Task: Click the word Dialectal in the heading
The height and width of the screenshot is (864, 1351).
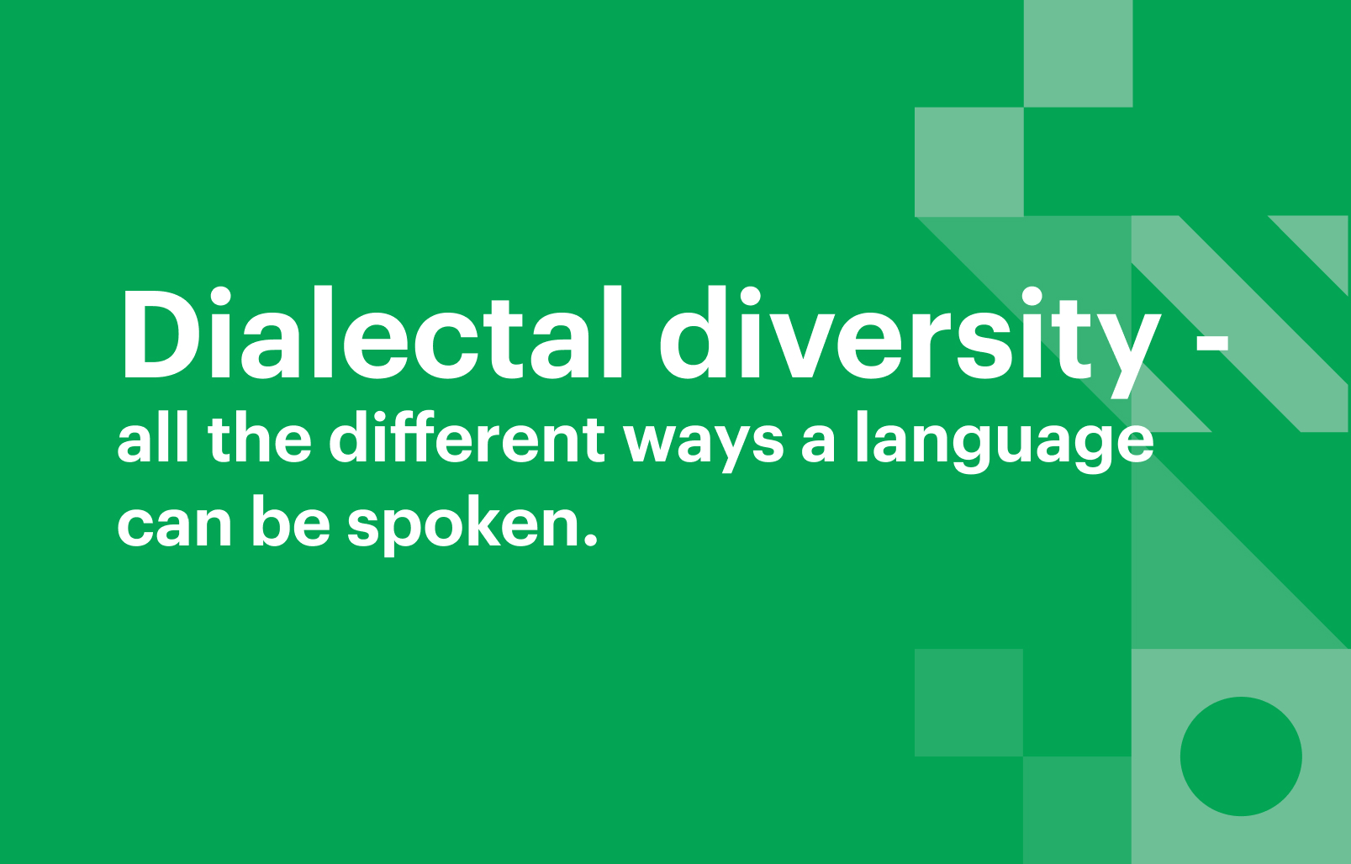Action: tap(372, 334)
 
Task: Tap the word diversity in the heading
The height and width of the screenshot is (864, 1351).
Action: tap(910, 341)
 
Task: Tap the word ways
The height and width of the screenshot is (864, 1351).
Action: tap(704, 446)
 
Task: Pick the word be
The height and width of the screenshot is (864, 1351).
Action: tap(292, 522)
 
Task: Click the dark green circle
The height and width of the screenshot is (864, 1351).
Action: tap(1241, 756)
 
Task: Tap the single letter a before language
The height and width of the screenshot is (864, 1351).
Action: tap(819, 446)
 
